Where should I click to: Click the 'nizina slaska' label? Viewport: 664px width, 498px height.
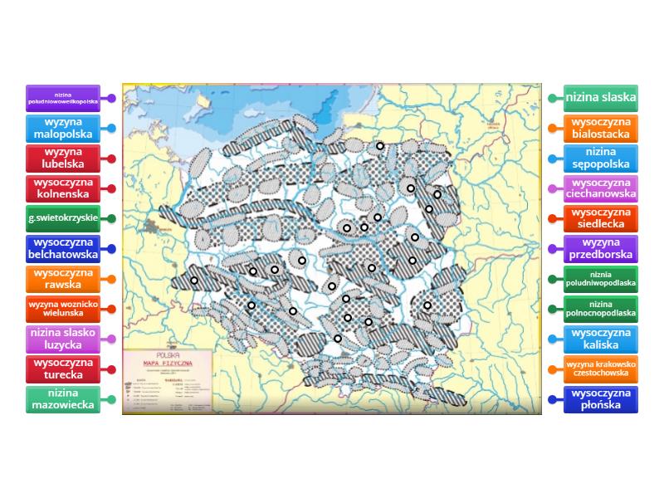tap(601, 98)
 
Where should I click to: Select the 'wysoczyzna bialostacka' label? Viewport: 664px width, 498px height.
tap(601, 128)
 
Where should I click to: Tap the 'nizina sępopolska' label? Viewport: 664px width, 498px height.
tap(601, 158)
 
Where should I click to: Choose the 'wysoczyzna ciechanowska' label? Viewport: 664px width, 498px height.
tap(601, 188)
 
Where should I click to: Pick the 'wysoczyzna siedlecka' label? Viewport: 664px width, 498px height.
tap(601, 218)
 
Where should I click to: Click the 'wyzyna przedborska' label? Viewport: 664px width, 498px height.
tap(601, 248)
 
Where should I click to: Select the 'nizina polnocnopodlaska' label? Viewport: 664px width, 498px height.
tap(601, 309)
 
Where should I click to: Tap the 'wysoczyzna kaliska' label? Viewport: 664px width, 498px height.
tap(601, 339)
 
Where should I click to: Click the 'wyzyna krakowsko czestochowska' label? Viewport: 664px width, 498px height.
tap(601, 369)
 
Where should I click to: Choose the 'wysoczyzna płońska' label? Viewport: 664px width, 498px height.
tap(601, 399)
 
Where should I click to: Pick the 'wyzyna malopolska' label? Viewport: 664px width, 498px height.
tap(63, 128)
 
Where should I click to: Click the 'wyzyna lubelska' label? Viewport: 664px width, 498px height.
tap(63, 158)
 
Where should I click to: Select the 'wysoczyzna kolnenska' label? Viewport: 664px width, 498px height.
tap(63, 188)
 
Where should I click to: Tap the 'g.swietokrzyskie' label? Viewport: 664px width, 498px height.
tap(63, 218)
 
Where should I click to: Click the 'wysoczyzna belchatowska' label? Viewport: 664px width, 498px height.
tap(63, 248)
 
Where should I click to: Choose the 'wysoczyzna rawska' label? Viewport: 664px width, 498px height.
tap(63, 279)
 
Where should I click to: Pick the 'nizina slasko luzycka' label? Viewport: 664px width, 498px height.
tap(63, 339)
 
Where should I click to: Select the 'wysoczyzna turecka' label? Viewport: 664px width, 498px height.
tap(63, 369)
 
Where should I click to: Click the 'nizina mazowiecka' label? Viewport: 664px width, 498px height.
tap(63, 399)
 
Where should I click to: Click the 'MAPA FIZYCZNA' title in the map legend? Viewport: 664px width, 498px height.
tap(168, 361)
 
